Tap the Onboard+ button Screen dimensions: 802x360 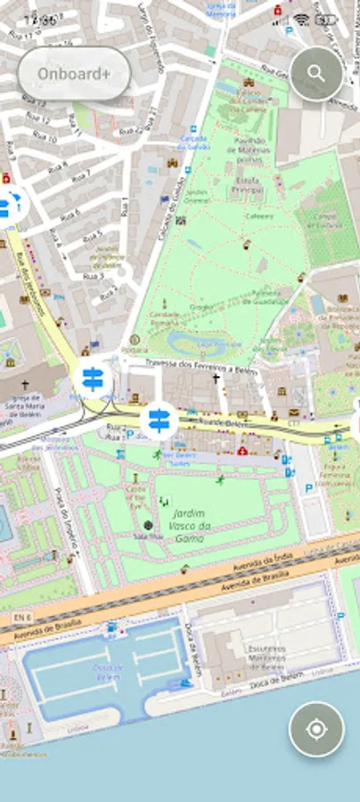pyautogui.click(x=74, y=73)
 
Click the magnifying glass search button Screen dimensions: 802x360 pyautogui.click(x=315, y=73)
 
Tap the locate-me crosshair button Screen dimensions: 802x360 pyautogui.click(x=315, y=729)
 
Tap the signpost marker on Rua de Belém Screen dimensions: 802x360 pyautogui.click(x=158, y=418)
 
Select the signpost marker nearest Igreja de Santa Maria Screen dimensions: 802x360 pyautogui.click(x=92, y=379)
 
